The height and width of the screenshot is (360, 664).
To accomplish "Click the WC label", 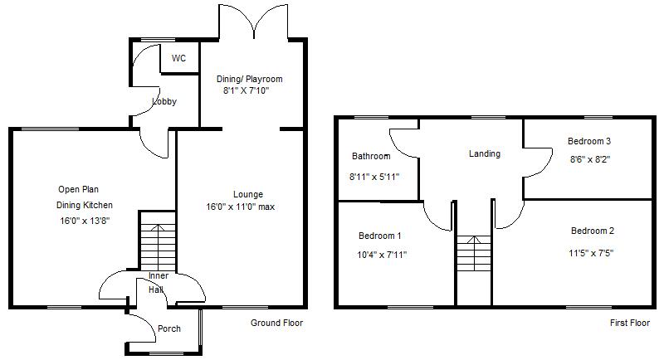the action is [x=178, y=58].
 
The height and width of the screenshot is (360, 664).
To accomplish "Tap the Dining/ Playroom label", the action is [x=250, y=79].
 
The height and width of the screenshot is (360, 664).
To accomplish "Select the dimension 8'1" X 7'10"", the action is [x=247, y=90].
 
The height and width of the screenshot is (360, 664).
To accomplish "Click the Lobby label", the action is [x=164, y=101].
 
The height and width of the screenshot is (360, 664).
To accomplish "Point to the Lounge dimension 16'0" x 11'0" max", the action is [x=241, y=207].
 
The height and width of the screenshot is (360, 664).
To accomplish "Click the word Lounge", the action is [x=248, y=195].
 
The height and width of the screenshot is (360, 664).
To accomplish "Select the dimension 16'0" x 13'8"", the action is [x=85, y=221].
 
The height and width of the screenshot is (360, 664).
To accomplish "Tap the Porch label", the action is [x=169, y=328].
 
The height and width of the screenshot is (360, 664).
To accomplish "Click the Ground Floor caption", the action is [x=277, y=323].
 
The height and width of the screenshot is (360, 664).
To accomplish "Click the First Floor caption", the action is [x=630, y=323].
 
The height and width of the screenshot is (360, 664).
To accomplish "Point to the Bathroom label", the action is [x=371, y=156].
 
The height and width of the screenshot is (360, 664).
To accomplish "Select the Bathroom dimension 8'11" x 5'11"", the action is [x=374, y=177].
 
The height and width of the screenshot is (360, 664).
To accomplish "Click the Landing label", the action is [x=485, y=154].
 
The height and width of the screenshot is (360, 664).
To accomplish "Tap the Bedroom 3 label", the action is [x=589, y=141].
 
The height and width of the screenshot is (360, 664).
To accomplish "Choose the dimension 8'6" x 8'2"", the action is [x=589, y=159].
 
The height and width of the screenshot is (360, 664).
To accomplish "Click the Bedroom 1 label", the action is [x=379, y=236].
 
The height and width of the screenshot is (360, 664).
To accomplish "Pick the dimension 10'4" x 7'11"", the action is [x=382, y=255].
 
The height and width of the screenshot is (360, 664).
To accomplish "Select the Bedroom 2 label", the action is [x=593, y=231].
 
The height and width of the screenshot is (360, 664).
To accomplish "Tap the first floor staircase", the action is [x=474, y=253].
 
